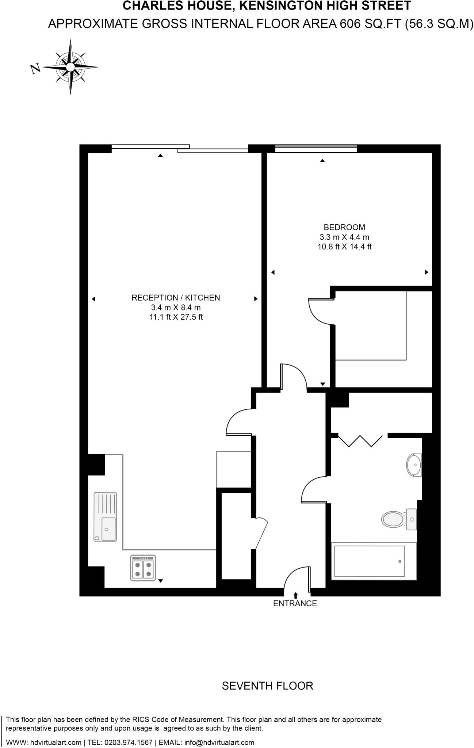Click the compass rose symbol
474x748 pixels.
pyautogui.click(x=70, y=67)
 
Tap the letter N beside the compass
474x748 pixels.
pyautogui.click(x=35, y=68)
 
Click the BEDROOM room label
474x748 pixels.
pyautogui.click(x=344, y=228)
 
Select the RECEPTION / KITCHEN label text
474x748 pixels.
pyautogui.click(x=176, y=298)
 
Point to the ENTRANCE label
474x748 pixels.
pyautogui.click(x=295, y=604)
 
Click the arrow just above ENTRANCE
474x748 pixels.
pyautogui.click(x=295, y=595)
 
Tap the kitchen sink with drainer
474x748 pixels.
pyautogui.click(x=105, y=517)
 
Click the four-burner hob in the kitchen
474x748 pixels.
pyautogui.click(x=143, y=568)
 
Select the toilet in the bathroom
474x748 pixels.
pyautogui.click(x=394, y=519)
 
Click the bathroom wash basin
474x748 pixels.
pyautogui.click(x=414, y=465)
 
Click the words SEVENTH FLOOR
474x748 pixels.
pyautogui.click(x=267, y=686)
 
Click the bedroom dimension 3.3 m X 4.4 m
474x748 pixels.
pyautogui.click(x=344, y=237)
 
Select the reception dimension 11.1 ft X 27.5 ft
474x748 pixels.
pyautogui.click(x=176, y=317)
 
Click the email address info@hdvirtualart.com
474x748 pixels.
pyautogui.click(x=219, y=743)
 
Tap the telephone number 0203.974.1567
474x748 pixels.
pyautogui.click(x=129, y=743)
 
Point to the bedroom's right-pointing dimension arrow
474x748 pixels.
pyautogui.click(x=426, y=272)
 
